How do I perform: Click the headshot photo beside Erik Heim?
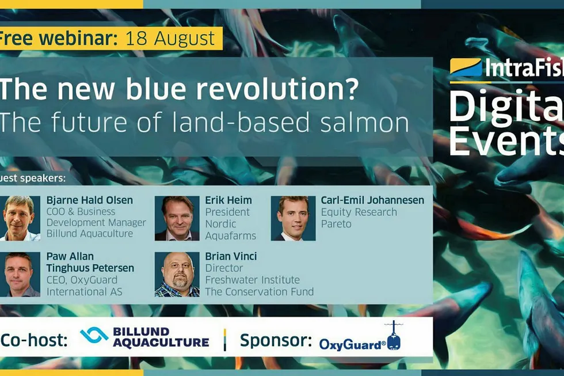(177, 218)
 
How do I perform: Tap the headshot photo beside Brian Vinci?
(177, 274)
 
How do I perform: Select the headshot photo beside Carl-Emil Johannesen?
(293, 218)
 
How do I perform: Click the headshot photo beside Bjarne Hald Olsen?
(20, 218)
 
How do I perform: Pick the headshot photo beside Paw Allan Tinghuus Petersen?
(20, 274)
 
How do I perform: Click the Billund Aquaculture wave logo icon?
(94, 335)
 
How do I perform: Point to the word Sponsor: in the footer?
(276, 340)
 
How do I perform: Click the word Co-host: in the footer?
(34, 340)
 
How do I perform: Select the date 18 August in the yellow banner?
(170, 39)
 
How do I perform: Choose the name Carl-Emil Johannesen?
(372, 200)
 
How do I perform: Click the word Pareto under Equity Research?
(336, 224)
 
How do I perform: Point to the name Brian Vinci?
(231, 256)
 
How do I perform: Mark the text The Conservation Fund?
(260, 291)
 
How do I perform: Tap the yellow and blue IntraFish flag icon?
(466, 67)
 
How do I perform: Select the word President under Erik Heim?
(227, 212)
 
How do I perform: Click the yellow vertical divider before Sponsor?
(225, 339)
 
